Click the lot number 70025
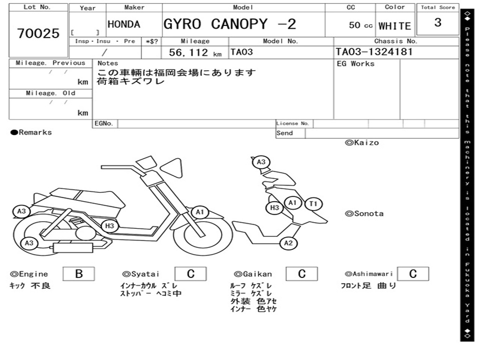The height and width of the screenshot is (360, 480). click(38, 33)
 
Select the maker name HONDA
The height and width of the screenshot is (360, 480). click(124, 24)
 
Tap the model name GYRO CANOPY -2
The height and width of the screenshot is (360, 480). click(230, 24)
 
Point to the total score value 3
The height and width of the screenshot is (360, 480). click(438, 22)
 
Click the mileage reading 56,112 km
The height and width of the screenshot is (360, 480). click(195, 52)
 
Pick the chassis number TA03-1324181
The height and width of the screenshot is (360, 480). click(374, 52)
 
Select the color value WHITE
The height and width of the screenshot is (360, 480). click(395, 26)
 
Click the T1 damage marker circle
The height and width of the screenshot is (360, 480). click(314, 204)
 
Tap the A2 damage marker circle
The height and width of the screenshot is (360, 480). click(288, 243)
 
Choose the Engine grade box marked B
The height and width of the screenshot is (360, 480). click(79, 274)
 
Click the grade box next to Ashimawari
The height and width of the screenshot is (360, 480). click(413, 274)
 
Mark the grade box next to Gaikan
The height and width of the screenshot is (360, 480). click(302, 274)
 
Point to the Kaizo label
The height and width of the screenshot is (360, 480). click(362, 142)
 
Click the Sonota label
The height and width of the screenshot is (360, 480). click(364, 214)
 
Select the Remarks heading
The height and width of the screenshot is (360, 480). click(31, 132)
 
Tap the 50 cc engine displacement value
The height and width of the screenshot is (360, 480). click(360, 25)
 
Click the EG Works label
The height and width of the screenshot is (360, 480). click(355, 64)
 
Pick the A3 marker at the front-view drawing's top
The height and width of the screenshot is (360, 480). click(261, 162)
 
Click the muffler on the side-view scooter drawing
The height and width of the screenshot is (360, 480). click(73, 247)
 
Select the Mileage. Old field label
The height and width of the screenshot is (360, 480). click(51, 93)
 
